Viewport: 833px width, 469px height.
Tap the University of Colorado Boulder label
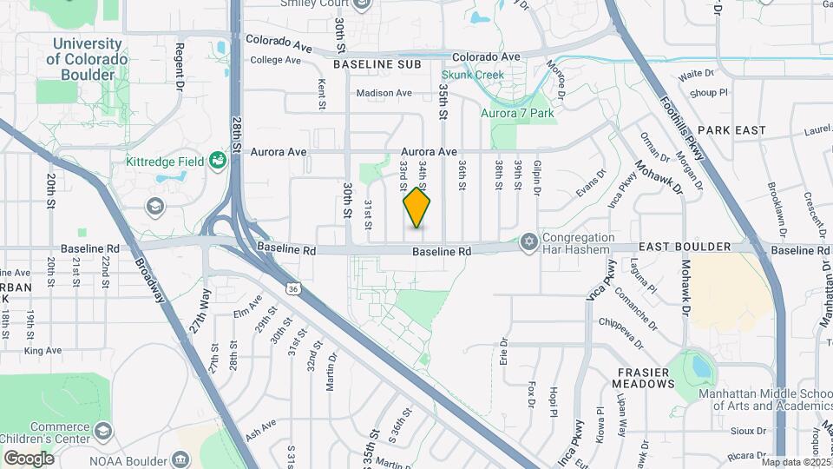[x=87, y=59]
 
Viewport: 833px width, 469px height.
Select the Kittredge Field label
[x=164, y=162]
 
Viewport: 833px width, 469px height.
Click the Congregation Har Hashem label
[x=578, y=243]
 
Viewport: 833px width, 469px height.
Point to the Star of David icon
[x=528, y=242]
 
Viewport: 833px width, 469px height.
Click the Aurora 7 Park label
[x=517, y=113]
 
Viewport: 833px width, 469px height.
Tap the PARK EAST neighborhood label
[x=731, y=130]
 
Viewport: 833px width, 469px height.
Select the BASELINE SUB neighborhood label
[x=377, y=64]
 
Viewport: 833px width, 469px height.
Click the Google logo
[x=29, y=458]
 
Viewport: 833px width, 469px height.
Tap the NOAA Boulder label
[x=128, y=458]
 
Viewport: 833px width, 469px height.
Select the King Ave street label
[x=43, y=351]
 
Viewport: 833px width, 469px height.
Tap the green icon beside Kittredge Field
[x=217, y=161]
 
